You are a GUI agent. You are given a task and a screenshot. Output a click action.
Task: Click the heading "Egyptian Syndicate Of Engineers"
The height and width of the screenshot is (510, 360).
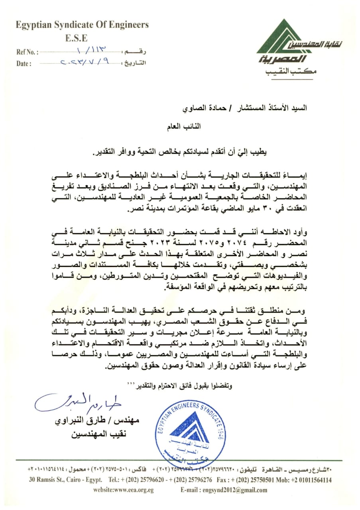coord(82,25)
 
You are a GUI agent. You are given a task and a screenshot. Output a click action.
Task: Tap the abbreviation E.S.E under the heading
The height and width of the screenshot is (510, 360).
coord(76,39)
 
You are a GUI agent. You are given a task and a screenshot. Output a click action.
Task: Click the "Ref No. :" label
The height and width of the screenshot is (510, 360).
coord(27,52)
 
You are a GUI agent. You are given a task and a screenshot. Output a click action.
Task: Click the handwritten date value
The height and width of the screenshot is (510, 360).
coord(86,62)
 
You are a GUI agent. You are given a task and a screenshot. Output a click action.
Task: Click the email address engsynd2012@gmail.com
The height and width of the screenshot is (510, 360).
coord(224,490)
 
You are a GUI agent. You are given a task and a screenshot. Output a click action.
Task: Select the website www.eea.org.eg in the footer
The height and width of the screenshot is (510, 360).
coord(123,490)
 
